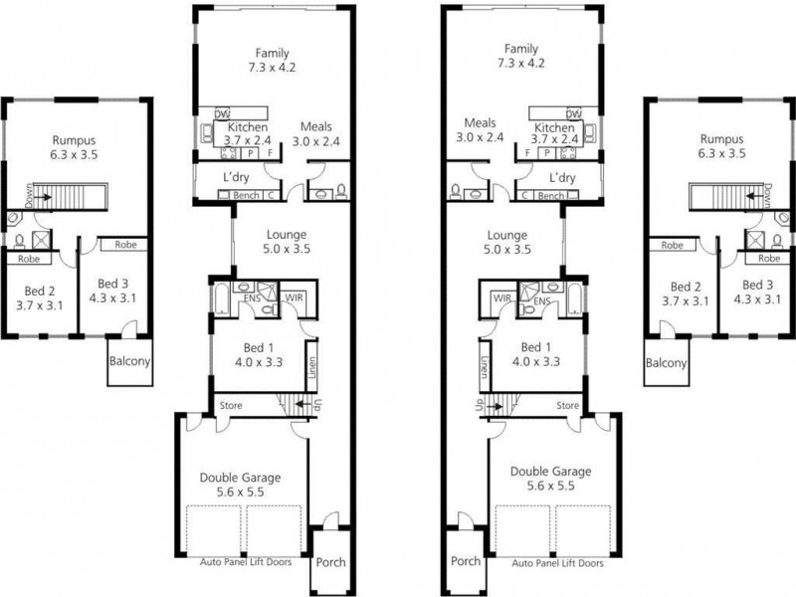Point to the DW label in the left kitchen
223,114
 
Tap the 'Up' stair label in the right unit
479,406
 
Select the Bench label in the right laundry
550,196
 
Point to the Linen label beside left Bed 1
312,367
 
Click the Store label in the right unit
567,405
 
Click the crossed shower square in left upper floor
41,240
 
